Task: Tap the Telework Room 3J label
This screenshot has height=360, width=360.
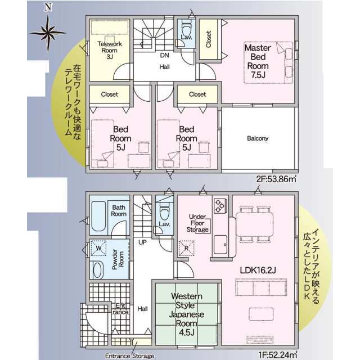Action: [x=110, y=50]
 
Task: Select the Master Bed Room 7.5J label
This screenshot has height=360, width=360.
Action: [x=258, y=61]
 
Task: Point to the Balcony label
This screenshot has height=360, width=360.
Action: [x=258, y=138]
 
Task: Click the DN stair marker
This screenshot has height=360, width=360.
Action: [x=165, y=55]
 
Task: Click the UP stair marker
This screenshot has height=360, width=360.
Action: [x=142, y=242]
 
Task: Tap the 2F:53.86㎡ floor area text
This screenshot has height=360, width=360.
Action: [x=276, y=179]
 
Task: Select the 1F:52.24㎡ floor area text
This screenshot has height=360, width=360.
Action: [x=277, y=355]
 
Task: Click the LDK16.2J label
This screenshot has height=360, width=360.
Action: [x=258, y=270]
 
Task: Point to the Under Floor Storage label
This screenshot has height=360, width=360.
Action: [x=197, y=223]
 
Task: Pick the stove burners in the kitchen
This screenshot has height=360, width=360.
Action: [x=220, y=205]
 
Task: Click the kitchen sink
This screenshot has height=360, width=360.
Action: [x=220, y=245]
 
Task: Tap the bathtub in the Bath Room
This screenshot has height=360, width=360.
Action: [x=98, y=216]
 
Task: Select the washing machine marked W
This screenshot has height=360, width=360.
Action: [x=98, y=248]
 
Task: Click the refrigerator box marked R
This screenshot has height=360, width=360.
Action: [x=186, y=248]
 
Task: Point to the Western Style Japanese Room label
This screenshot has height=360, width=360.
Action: [x=186, y=314]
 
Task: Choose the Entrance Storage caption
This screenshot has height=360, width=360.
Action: [x=129, y=356]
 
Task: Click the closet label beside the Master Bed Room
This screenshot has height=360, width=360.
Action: [x=209, y=39]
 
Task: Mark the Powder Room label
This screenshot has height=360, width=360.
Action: [x=118, y=259]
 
